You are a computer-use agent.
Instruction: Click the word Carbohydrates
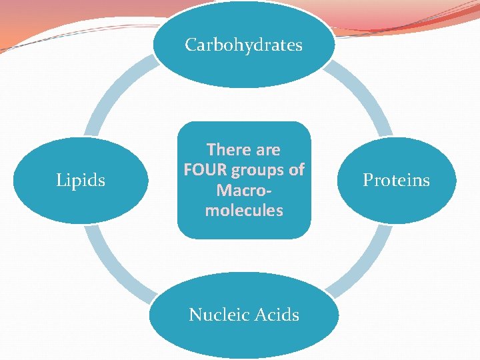pyautogui.click(x=243, y=45)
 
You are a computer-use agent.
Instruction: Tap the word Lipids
pyautogui.click(x=81, y=180)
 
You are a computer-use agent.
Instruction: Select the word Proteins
pyautogui.click(x=396, y=180)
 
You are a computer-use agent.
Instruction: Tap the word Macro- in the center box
pyautogui.click(x=244, y=191)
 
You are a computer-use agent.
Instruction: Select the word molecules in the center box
pyautogui.click(x=244, y=211)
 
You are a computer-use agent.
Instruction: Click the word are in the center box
pyautogui.click(x=267, y=149)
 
